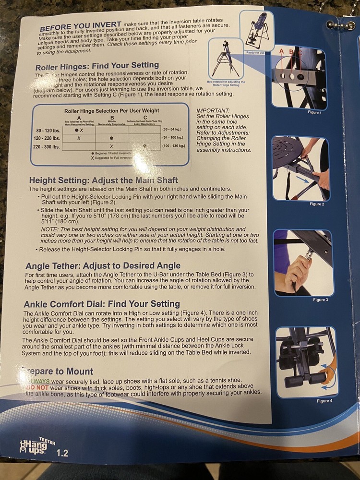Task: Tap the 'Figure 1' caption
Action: click(314, 112)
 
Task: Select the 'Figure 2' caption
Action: click(316, 204)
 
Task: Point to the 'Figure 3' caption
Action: click(320, 300)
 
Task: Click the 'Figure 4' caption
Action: click(324, 401)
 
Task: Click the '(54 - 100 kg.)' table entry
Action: click(175, 138)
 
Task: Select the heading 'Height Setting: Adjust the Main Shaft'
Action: click(103, 180)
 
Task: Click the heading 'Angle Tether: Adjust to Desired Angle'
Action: click(103, 265)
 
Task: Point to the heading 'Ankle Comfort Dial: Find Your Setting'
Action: click(102, 304)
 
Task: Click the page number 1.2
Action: click(62, 453)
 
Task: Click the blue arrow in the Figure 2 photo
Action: click(301, 180)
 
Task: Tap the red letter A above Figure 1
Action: click(281, 50)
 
